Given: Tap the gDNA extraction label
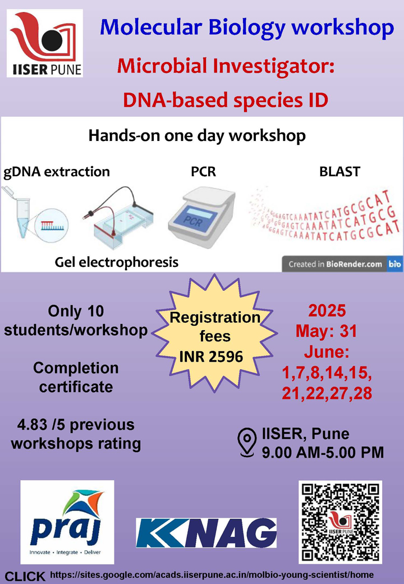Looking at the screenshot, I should (57, 171).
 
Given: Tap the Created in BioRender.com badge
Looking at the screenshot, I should (342, 263).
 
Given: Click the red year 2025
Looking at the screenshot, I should (327, 311).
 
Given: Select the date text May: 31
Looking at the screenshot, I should (327, 331).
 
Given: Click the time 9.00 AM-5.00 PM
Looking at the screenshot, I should (323, 451).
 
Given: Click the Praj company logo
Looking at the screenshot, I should (67, 522).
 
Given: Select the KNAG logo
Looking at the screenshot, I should (206, 532).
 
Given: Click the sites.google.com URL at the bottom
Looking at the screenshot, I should (212, 576).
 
